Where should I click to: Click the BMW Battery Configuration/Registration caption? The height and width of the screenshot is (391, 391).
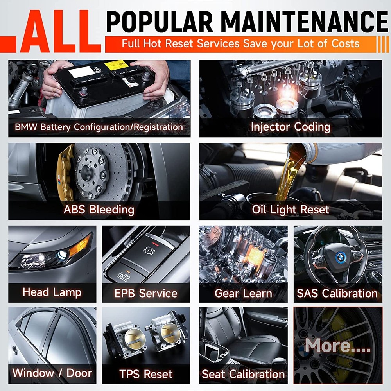tap(99, 127)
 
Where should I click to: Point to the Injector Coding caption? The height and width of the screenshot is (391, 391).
tap(291, 127)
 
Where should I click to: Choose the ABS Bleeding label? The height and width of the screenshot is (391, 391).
tap(99, 210)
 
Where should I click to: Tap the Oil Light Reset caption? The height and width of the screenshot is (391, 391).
tap(291, 210)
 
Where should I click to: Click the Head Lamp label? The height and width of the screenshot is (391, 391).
tap(52, 292)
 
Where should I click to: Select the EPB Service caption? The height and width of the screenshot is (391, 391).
tap(146, 293)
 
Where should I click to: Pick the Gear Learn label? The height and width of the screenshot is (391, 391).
tap(243, 293)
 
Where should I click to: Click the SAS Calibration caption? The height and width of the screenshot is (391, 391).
tap(337, 293)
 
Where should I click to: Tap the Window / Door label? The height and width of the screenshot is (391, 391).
tap(52, 373)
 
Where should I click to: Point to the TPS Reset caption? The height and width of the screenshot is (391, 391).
tap(146, 374)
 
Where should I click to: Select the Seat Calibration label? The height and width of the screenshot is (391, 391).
tap(243, 374)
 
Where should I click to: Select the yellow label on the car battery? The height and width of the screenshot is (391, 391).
tap(116, 64)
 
